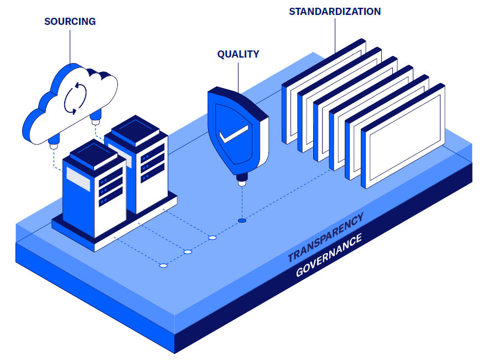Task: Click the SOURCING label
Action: pos(70,22)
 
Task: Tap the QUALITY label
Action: pos(238,54)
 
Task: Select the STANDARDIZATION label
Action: pos(335,11)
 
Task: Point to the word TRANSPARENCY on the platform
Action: pos(326,237)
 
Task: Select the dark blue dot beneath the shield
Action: pos(242,220)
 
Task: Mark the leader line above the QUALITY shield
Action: pos(238,75)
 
